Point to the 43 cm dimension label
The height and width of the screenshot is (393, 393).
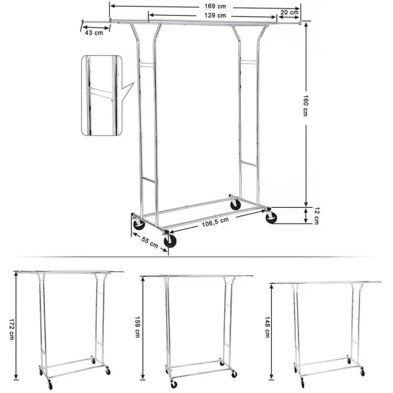pyautogui.click(x=95, y=33)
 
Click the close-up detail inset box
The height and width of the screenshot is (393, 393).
pyautogui.click(x=101, y=95)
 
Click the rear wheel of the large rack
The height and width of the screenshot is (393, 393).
pyautogui.click(x=235, y=204)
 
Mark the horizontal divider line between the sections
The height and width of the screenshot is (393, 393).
pyautogui.click(x=196, y=257)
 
